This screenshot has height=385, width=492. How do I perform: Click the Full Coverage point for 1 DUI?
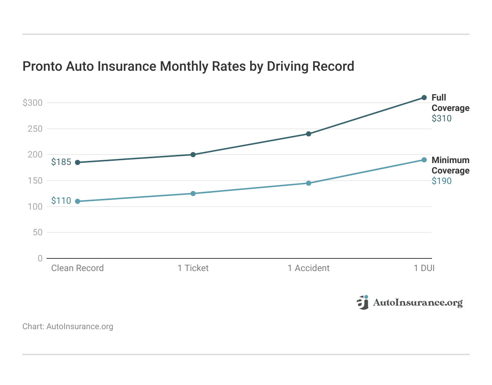tap(424, 98)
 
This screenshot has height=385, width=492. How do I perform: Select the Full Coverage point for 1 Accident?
tap(309, 134)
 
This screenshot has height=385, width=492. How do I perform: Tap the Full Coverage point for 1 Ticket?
tap(193, 155)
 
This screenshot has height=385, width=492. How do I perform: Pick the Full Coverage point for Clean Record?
tap(78, 162)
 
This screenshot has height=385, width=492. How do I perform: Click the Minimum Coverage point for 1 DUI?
tap(424, 160)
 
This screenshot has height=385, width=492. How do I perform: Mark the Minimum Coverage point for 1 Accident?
tap(309, 183)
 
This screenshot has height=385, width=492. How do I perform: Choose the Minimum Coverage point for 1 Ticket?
tap(193, 194)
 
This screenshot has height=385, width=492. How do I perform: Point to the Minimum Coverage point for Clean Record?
tap(78, 201)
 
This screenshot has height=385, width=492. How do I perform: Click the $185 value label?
tap(61, 162)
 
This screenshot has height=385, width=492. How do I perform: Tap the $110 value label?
tap(61, 201)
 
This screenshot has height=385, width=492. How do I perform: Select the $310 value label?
tap(441, 118)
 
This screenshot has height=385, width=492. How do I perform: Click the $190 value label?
tap(441, 181)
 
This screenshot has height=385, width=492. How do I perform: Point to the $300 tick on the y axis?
tap(33, 103)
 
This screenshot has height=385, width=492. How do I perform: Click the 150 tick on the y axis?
tap(35, 181)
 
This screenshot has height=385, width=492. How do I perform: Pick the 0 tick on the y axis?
tap(40, 258)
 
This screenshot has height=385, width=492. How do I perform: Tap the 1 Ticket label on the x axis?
tap(193, 268)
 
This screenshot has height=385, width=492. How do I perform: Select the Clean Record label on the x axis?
tap(78, 268)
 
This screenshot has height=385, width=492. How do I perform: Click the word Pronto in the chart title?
tap(42, 66)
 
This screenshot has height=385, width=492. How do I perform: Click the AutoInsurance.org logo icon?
tap(363, 302)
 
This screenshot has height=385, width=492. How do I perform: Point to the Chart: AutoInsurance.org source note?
tap(68, 327)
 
